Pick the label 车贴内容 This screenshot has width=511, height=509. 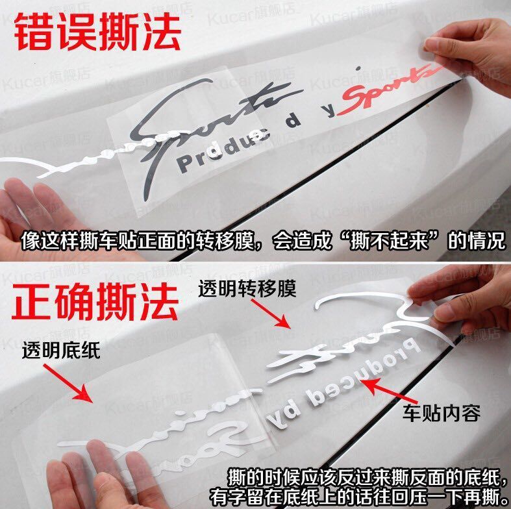point(442,412)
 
